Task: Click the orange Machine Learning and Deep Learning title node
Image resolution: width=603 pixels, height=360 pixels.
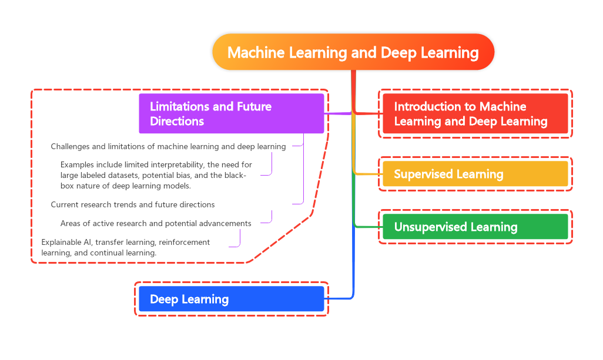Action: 353,52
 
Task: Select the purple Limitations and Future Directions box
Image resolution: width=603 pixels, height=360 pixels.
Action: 232,113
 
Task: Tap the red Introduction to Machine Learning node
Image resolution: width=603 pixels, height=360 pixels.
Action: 475,113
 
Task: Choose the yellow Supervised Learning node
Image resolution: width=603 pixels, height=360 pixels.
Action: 475,174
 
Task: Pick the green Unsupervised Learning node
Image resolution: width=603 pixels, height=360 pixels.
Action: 475,227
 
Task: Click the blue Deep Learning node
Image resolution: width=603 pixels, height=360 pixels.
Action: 232,299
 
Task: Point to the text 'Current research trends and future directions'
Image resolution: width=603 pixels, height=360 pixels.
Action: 133,204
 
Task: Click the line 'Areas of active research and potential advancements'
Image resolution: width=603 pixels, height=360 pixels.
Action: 156,223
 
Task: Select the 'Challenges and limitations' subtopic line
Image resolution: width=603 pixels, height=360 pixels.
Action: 168,146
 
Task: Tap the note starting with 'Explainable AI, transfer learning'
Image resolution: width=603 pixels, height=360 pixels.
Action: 125,247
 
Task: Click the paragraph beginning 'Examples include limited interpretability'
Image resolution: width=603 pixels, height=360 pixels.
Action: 156,175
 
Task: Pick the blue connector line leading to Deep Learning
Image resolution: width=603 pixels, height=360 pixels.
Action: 353,264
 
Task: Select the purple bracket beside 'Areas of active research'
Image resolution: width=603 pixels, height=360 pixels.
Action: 271,217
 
